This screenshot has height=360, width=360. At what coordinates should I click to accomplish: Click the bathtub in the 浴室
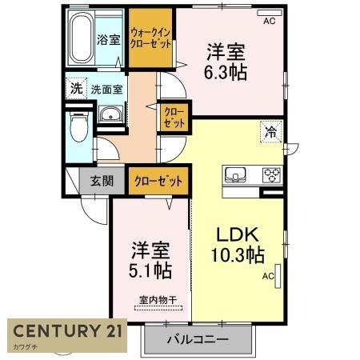tap(81, 40)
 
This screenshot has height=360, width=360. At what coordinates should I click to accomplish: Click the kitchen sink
tap(238, 174)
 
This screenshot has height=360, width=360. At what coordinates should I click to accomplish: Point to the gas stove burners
tap(270, 174)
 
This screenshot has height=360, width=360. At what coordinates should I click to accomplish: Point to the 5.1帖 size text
tap(151, 270)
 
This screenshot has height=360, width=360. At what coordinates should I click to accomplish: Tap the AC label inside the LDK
tap(267, 277)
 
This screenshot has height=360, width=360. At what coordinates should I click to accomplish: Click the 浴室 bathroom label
tap(110, 38)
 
